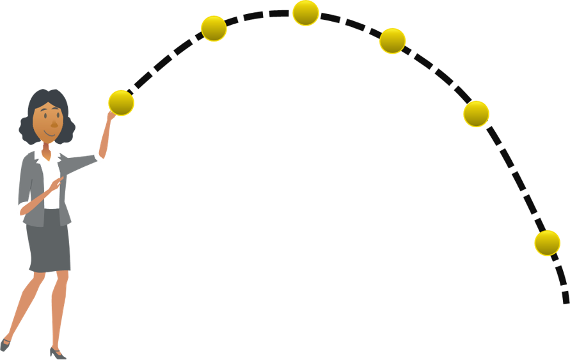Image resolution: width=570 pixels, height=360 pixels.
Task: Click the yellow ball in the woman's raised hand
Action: click(121, 103)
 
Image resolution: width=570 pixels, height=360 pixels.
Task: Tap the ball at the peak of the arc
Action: click(306, 13)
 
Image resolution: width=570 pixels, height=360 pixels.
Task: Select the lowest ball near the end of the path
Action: click(547, 243)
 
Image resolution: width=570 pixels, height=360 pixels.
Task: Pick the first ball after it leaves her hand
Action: click(214, 28)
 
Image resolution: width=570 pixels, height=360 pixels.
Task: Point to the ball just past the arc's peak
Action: click(392, 41)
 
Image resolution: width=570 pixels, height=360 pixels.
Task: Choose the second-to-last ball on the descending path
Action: click(476, 114)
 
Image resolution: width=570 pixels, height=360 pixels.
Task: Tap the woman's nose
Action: click(54, 122)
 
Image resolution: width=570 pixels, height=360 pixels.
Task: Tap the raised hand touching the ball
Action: click(111, 115)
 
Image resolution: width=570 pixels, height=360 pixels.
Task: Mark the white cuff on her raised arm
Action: click(99, 157)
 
